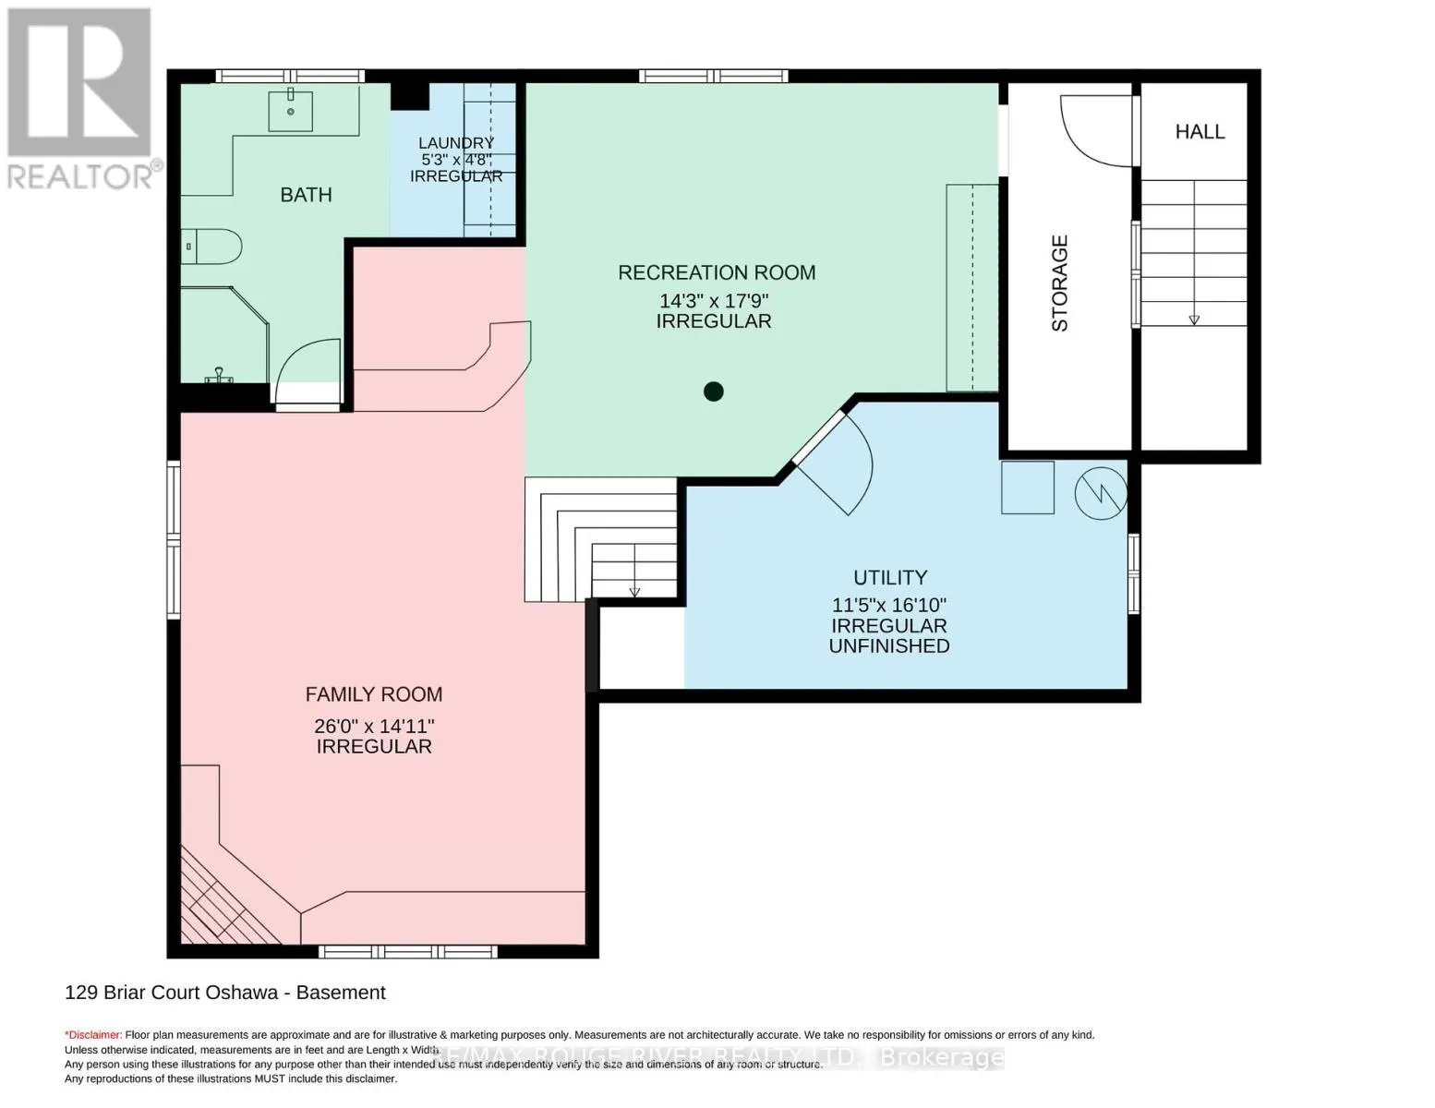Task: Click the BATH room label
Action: pyautogui.click(x=306, y=195)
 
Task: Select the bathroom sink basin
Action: pyautogui.click(x=291, y=110)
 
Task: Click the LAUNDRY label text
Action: pyautogui.click(x=456, y=143)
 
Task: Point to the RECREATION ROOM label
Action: pyautogui.click(x=717, y=272)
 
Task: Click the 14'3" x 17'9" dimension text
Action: pyautogui.click(x=714, y=301)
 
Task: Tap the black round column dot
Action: pyautogui.click(x=713, y=391)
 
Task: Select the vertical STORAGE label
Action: pyautogui.click(x=1060, y=283)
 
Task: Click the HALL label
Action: pyautogui.click(x=1200, y=132)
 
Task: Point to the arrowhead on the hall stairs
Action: pyautogui.click(x=1194, y=319)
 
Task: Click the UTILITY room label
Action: pyautogui.click(x=890, y=578)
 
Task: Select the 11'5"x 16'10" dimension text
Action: pyautogui.click(x=889, y=606)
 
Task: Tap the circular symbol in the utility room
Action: pyautogui.click(x=1101, y=492)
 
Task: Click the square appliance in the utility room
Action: pyautogui.click(x=1028, y=488)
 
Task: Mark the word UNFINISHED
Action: pyautogui.click(x=889, y=646)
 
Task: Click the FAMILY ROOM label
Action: pyautogui.click(x=374, y=694)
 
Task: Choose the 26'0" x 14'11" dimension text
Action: pyautogui.click(x=374, y=726)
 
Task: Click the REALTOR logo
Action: pyautogui.click(x=80, y=97)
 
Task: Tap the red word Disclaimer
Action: pyautogui.click(x=93, y=1035)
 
